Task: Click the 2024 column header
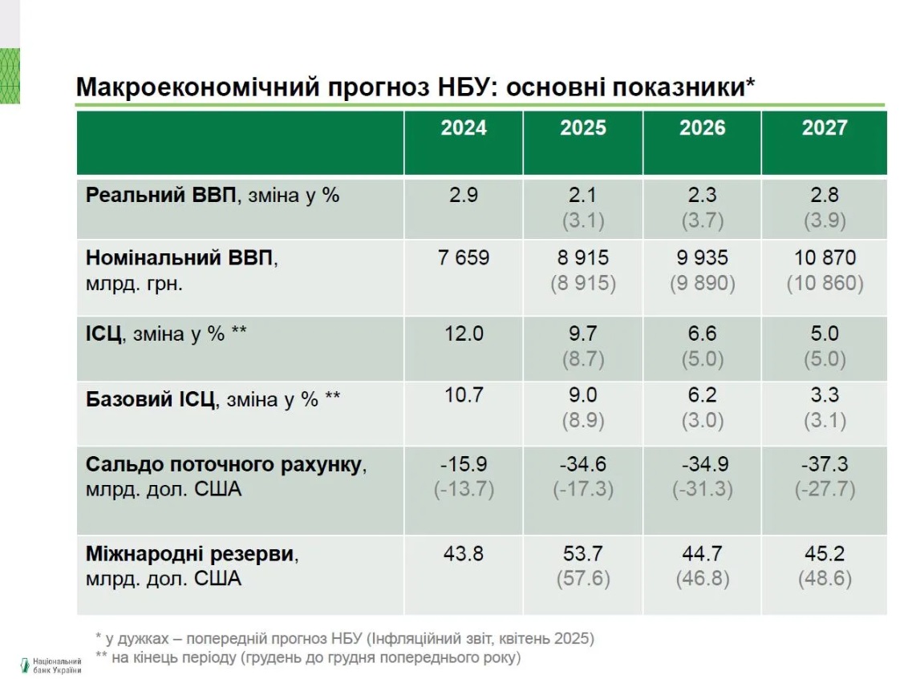464,128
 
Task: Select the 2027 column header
824,128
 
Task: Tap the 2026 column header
703,128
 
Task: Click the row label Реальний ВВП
161,195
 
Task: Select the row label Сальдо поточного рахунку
224,464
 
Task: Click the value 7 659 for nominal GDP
464,258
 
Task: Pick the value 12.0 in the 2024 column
464,333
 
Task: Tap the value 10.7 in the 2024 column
464,396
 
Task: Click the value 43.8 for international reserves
464,553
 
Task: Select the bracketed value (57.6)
583,579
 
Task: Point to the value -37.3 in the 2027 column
824,464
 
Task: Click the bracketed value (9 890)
703,284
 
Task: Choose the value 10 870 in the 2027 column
824,258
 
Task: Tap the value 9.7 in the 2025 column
583,333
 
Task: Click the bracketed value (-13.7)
464,489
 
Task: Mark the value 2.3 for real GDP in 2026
703,195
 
